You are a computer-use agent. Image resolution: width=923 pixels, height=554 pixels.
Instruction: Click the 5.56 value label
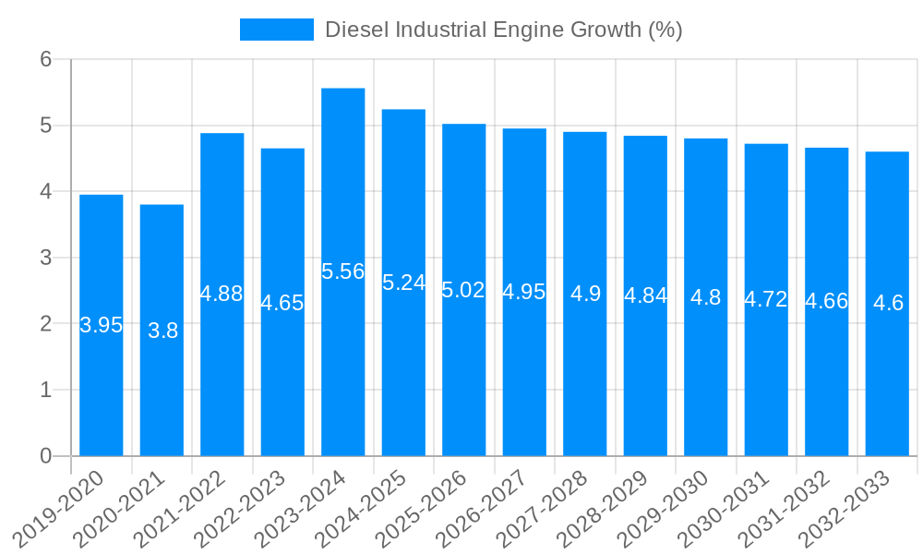coord(343,271)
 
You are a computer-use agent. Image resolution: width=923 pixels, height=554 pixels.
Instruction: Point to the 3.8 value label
coord(163,331)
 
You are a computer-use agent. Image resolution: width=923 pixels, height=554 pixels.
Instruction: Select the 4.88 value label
coord(222,294)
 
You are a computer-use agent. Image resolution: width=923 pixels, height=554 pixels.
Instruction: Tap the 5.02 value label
coord(463,290)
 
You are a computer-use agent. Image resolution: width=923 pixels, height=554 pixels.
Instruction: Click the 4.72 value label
coord(766,299)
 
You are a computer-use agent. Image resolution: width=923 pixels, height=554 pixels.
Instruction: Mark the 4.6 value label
coord(888,302)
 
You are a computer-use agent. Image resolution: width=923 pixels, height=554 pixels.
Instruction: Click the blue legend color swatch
coord(276,30)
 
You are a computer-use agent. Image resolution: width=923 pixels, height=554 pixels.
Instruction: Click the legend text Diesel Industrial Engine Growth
coord(503,30)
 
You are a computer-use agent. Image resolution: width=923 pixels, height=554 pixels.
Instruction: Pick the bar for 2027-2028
coord(585,369)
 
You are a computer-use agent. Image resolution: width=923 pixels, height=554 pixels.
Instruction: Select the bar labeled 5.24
coord(403,369)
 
